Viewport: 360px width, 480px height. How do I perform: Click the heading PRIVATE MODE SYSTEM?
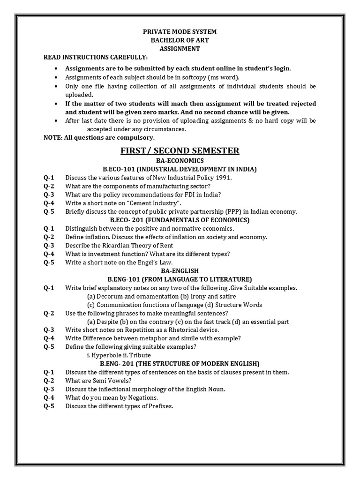180,32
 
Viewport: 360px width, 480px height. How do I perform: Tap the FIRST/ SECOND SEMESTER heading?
180,150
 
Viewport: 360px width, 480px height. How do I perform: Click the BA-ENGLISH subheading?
180,271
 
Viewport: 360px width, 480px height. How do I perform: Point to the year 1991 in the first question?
224,178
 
